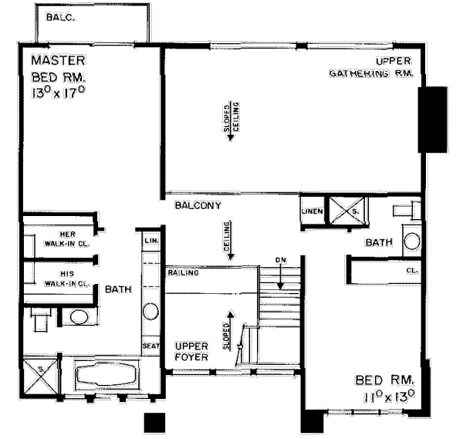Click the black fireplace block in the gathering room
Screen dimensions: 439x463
tap(431, 120)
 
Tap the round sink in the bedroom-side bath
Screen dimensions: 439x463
tap(412, 240)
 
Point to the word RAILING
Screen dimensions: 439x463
tap(182, 273)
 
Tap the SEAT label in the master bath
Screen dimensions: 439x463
tap(150, 346)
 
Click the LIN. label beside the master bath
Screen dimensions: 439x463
tap(150, 241)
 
